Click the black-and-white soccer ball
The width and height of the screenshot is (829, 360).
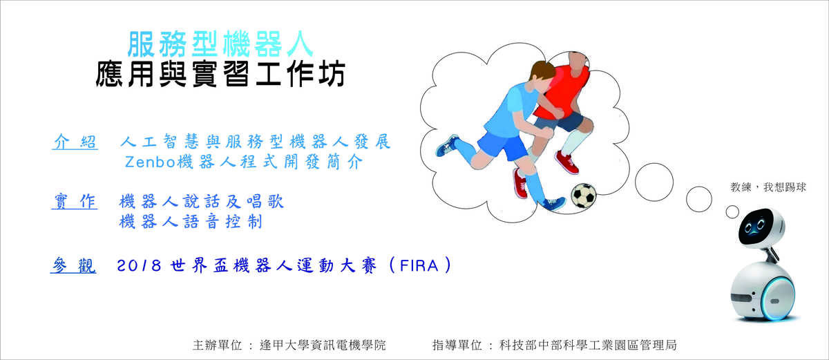pos(584,196)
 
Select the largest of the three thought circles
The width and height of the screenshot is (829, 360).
pos(654,182)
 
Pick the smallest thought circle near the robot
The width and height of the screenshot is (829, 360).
pos(732,212)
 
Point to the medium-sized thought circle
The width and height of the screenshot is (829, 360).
pos(698,199)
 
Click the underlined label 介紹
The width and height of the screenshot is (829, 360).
pos(75,142)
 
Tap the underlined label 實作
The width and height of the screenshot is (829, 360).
pos(75,201)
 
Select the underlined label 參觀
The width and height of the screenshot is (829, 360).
pos(73,265)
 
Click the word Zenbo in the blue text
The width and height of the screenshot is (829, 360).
pos(149,162)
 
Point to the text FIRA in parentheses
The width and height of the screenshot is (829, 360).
pos(419,265)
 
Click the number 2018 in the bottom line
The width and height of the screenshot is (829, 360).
pos(139,265)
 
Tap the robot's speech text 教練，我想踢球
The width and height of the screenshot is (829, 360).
pos(768,187)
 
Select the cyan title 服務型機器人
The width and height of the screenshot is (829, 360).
pos(220,44)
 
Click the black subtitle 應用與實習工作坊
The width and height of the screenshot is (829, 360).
pos(220,74)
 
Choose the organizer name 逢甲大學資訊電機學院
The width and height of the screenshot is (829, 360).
pos(323,345)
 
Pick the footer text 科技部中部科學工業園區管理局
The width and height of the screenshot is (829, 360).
pos(588,345)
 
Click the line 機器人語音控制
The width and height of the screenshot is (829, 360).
pos(191,222)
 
